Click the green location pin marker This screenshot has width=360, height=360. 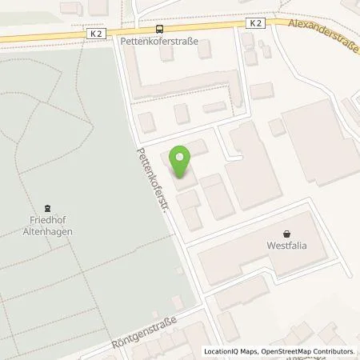pyautogui.click(x=182, y=162)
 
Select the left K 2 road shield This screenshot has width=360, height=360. pyautogui.click(x=96, y=34)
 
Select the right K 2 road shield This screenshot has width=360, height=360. pyautogui.click(x=255, y=24)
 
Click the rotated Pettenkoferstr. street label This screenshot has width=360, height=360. pyautogui.click(x=153, y=182)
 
